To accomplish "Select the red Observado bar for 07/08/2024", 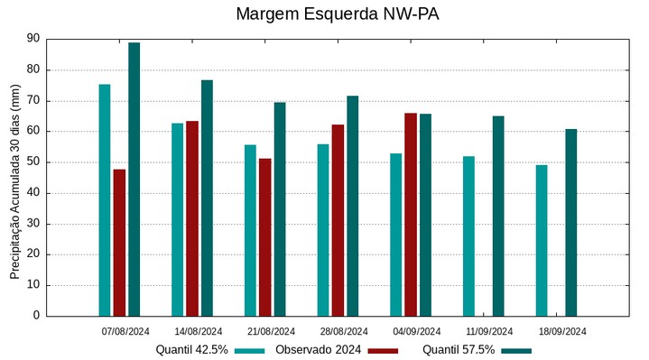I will pyautogui.click(x=119, y=242).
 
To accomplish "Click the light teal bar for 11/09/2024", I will pyautogui.click(x=468, y=235).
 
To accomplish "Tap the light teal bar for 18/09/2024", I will pyautogui.click(x=542, y=240).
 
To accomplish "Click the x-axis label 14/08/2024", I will pyautogui.click(x=199, y=331).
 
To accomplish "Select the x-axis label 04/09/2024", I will pyautogui.click(x=417, y=331).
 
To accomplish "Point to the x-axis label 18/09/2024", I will pyautogui.click(x=562, y=331).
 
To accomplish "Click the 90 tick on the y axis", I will pyautogui.click(x=33, y=39).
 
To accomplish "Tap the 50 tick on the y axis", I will pyautogui.click(x=33, y=162).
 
